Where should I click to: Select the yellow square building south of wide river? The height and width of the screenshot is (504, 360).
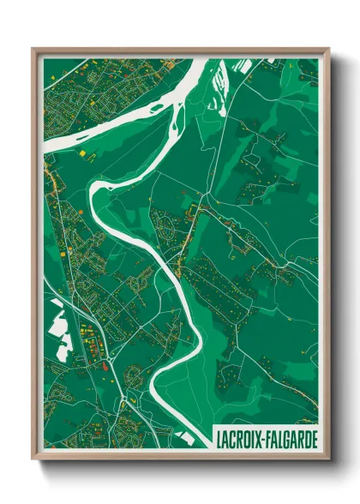[x=84, y=153]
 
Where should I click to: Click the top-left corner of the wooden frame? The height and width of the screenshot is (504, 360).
[x=33, y=49]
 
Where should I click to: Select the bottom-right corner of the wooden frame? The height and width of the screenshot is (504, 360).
[x=328, y=458]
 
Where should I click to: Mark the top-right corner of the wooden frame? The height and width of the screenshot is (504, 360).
[x=328, y=49]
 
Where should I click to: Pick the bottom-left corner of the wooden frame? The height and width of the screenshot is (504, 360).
[x=33, y=458]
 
